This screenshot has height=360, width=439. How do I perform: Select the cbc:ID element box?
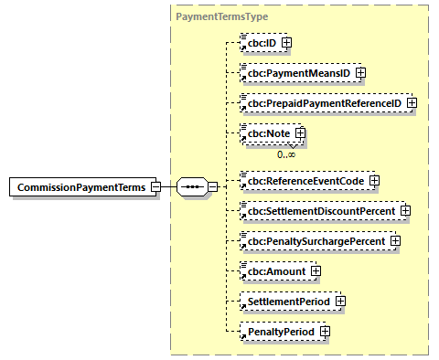tap(259, 42)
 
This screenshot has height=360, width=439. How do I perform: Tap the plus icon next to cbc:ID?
tap(287, 42)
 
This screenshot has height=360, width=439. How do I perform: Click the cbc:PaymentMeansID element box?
tap(294, 72)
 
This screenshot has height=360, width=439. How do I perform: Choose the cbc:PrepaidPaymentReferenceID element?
tap(320, 102)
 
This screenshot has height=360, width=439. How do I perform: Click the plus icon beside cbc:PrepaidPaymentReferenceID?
tap(412, 102)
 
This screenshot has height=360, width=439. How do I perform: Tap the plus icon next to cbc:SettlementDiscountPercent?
tap(405, 211)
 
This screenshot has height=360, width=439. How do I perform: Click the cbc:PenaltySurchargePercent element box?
tap(317, 241)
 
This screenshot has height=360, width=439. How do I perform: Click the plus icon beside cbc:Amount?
tap(316, 270)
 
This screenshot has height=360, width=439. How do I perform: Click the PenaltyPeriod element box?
tap(277, 330)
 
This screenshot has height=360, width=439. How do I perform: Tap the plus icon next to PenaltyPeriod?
tap(324, 330)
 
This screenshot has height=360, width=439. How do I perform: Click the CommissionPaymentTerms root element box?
tap(80, 187)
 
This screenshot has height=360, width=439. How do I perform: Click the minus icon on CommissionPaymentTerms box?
tap(155, 187)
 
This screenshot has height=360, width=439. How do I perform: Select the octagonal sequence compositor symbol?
tap(192, 187)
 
